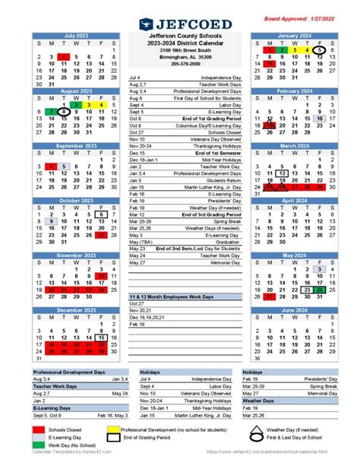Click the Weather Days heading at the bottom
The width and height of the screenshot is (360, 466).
(x=257, y=400)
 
